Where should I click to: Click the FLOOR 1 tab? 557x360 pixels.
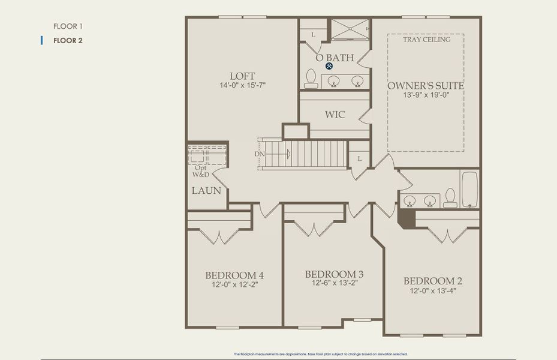pos(67,26)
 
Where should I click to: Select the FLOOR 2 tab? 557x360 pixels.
pos(67,41)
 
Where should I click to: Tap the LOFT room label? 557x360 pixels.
pos(242,76)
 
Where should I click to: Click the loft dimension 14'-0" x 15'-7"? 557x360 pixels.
pos(242,86)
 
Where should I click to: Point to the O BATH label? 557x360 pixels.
pos(335,58)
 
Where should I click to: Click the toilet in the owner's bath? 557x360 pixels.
pos(311,79)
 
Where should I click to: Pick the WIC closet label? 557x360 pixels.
pos(335,114)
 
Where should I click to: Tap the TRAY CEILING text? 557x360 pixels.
pos(426,40)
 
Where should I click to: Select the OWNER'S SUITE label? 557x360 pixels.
pos(426,85)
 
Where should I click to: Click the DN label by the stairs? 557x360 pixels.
pos(259,154)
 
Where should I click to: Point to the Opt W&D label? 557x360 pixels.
pos(201,171)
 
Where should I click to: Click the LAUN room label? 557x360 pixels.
pos(206,191)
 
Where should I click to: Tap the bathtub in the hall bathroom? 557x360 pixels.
pos(469,189)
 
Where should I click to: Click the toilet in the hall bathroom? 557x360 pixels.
pos(450,197)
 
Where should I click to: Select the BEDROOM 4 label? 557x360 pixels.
pos(234,275)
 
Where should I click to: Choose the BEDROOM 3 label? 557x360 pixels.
pos(334,274)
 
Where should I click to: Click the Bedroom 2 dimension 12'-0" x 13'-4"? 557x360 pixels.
pos(432,291)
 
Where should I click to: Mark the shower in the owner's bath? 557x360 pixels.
pos(350,29)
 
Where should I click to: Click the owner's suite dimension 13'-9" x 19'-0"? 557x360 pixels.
pos(426,95)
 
